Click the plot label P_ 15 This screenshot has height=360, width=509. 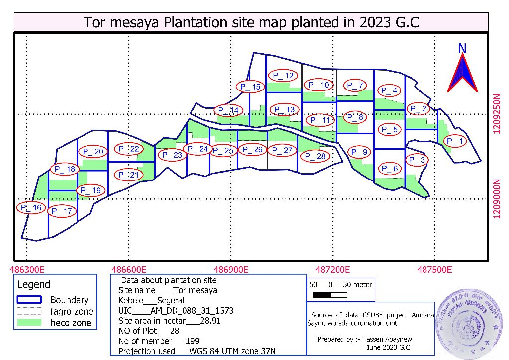250,87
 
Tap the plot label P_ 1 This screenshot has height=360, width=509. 454,142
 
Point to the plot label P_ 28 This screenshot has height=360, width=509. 315,156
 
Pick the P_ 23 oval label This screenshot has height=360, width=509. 172,155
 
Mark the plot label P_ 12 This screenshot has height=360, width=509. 283,76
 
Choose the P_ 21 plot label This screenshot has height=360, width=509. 129,175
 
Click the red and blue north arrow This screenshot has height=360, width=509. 462,73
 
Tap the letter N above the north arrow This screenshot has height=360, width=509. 462,48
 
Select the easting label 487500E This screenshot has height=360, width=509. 434,270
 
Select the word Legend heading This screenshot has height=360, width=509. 34,285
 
